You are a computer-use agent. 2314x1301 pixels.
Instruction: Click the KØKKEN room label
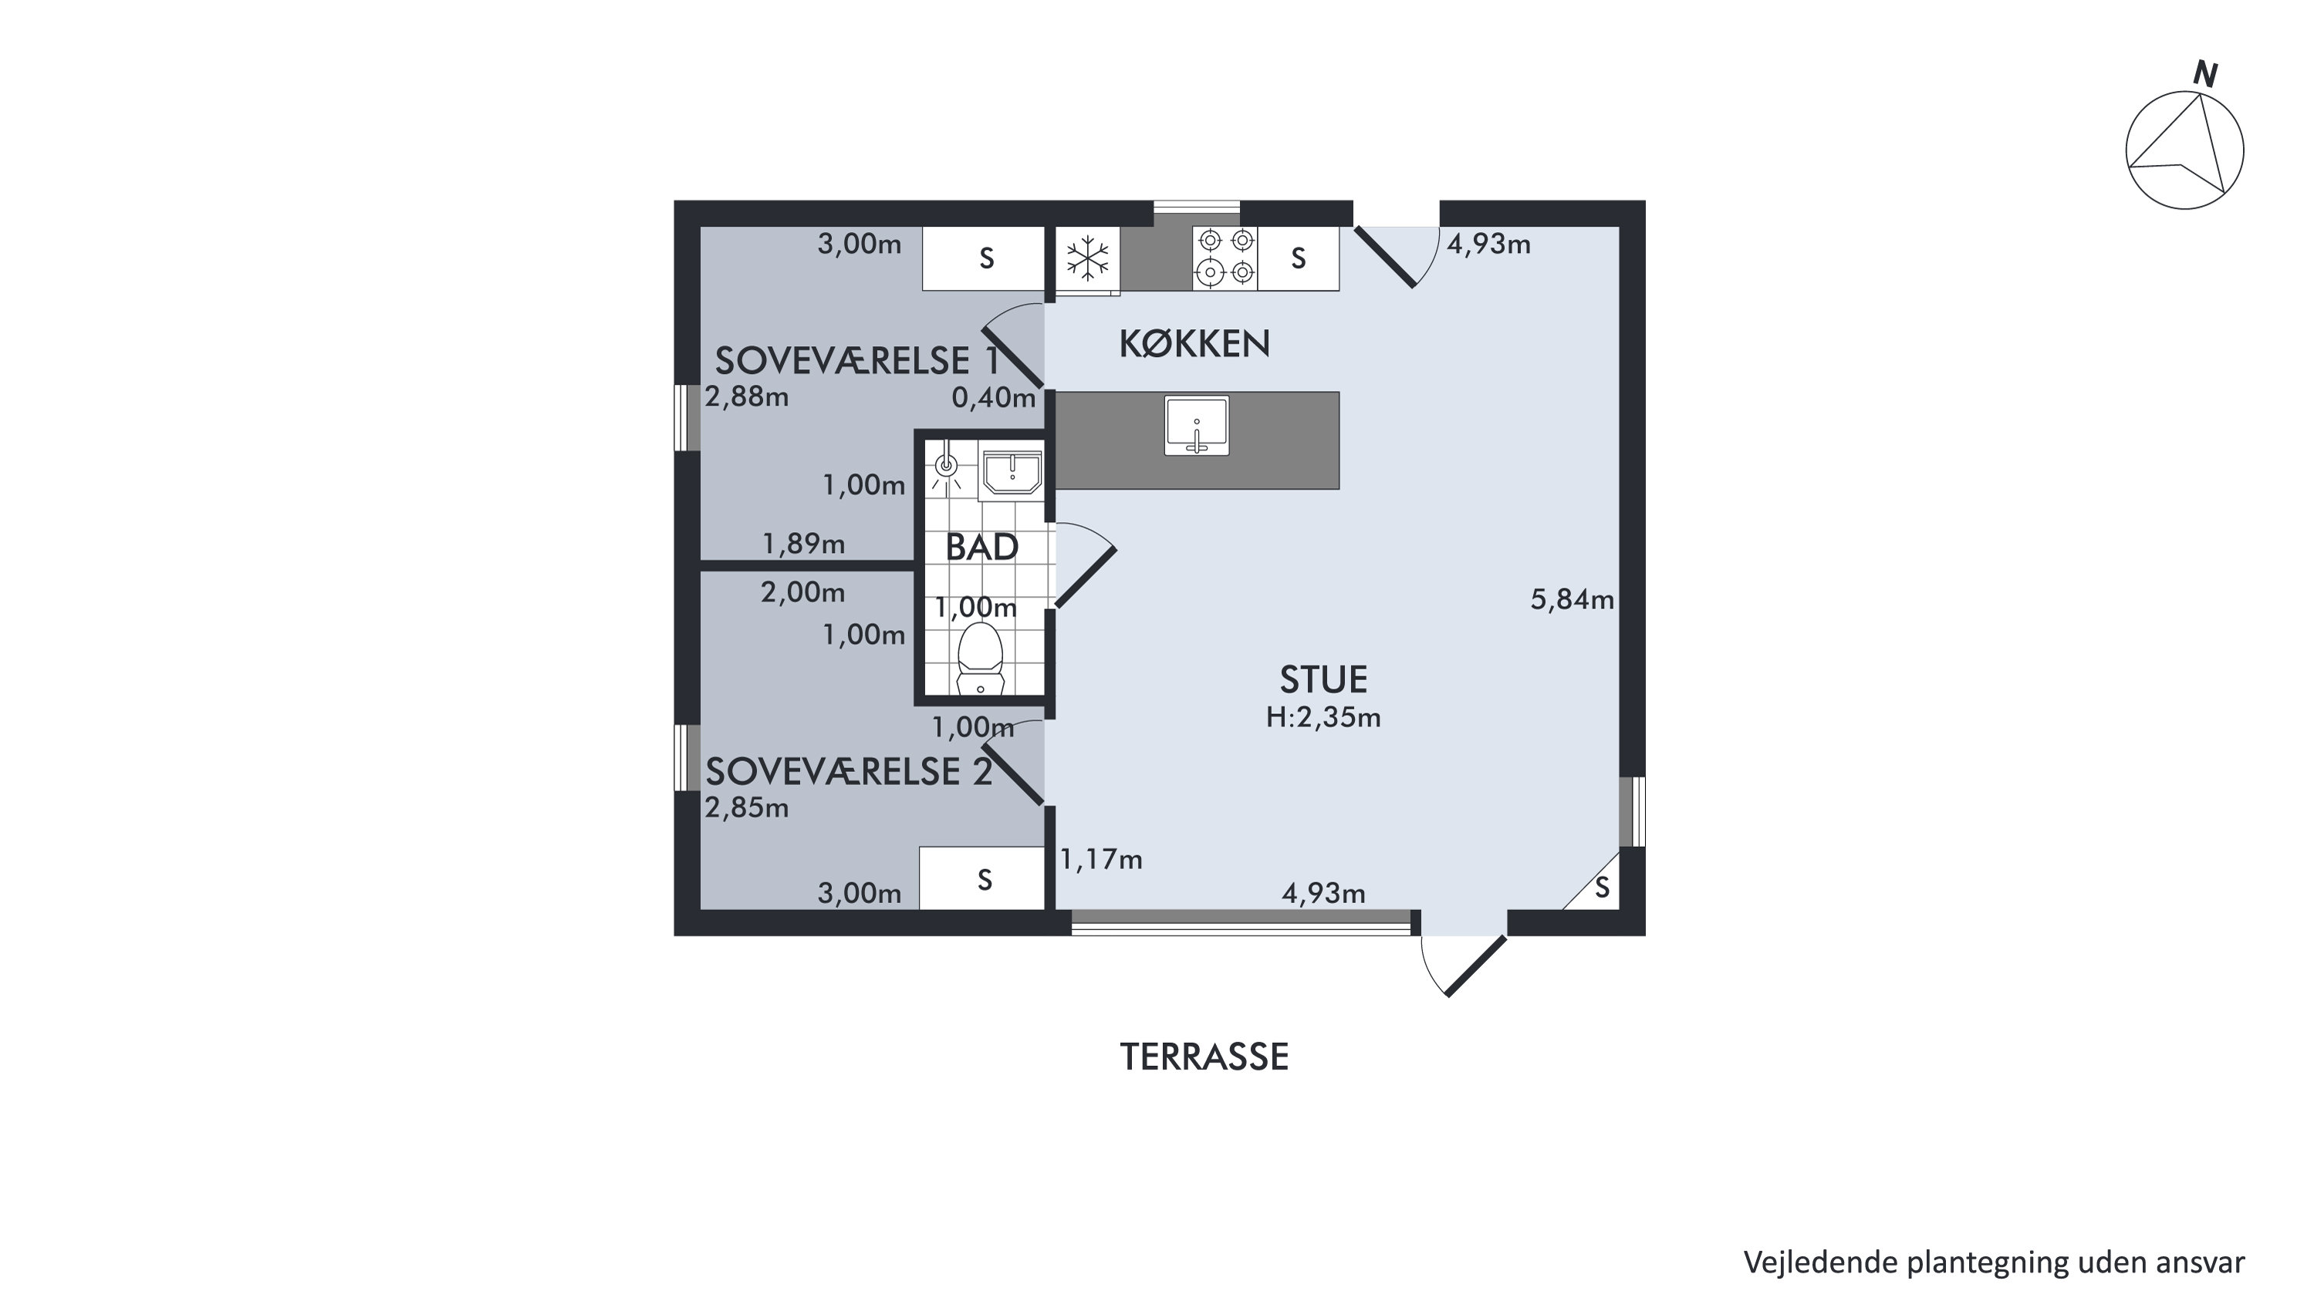1194,344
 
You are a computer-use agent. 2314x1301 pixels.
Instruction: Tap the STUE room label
1323,679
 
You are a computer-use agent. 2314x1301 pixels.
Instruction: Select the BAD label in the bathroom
981,547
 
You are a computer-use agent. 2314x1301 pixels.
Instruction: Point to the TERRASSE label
1204,1057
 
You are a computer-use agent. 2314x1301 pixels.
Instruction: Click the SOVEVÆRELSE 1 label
857,361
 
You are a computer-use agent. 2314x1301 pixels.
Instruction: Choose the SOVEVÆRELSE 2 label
849,772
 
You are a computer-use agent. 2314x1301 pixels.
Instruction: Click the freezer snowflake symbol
1088,258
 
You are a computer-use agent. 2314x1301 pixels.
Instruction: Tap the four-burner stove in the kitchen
1225,258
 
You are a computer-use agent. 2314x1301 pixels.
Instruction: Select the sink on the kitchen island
1197,426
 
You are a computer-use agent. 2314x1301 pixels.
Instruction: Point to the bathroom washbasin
1012,474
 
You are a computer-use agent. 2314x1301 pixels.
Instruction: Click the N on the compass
2206,75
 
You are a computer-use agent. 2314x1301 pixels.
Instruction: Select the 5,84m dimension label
1572,600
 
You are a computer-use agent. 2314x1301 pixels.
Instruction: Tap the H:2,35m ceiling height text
1323,717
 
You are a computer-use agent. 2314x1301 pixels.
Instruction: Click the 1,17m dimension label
1101,860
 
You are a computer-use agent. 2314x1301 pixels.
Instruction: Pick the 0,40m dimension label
994,398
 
